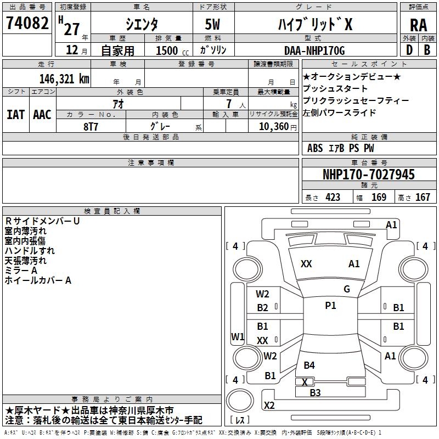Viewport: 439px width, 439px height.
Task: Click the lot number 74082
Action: (27, 22)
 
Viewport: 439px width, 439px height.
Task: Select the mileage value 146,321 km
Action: (64, 79)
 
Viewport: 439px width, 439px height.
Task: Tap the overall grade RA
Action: (418, 25)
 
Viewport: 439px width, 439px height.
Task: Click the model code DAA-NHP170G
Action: (314, 50)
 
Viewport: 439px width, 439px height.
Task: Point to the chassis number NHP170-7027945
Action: (368, 175)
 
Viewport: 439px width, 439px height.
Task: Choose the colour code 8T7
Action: (91, 127)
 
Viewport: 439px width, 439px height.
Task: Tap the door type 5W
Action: (212, 24)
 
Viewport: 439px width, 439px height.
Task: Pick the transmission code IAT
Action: (16, 115)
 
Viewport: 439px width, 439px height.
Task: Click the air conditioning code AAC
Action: (42, 115)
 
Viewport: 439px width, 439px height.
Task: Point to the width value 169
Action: (379, 197)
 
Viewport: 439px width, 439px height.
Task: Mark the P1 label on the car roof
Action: (330, 306)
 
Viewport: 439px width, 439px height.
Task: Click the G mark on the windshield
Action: (347, 289)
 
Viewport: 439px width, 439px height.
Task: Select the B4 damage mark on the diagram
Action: (309, 365)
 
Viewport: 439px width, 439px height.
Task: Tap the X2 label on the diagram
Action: (269, 405)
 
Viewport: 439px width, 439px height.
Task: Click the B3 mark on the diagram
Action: (315, 393)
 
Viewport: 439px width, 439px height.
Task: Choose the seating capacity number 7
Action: (229, 104)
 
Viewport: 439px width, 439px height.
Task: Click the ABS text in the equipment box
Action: (315, 148)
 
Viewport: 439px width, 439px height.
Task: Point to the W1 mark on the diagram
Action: (238, 336)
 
